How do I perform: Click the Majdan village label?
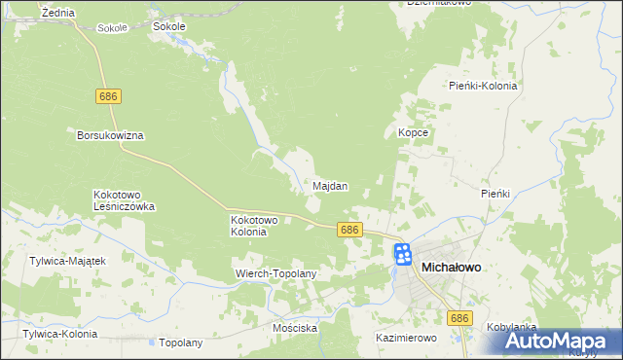point(331,186)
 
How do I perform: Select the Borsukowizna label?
point(110,136)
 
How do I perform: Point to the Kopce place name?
point(414,132)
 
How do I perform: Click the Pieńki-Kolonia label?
point(483,86)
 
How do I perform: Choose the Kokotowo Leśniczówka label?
point(124,200)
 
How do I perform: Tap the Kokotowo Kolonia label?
point(255,226)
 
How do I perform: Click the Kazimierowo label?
point(407,338)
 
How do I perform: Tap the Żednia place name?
point(59,12)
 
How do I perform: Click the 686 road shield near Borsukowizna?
point(108,96)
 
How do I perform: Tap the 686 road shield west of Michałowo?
point(350,230)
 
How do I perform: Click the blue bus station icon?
point(403,256)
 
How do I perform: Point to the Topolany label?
point(180,343)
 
